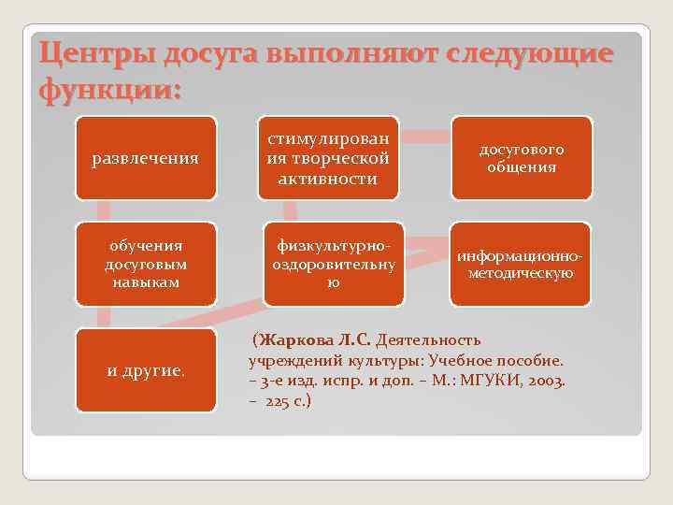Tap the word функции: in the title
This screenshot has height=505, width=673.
click(x=110, y=91)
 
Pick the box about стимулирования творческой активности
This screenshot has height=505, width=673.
click(x=331, y=158)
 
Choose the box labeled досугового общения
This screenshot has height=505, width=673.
click(x=521, y=158)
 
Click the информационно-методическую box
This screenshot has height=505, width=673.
click(x=521, y=264)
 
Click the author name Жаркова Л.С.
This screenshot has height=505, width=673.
click(x=317, y=339)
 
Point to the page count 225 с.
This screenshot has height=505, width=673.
click(x=289, y=401)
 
